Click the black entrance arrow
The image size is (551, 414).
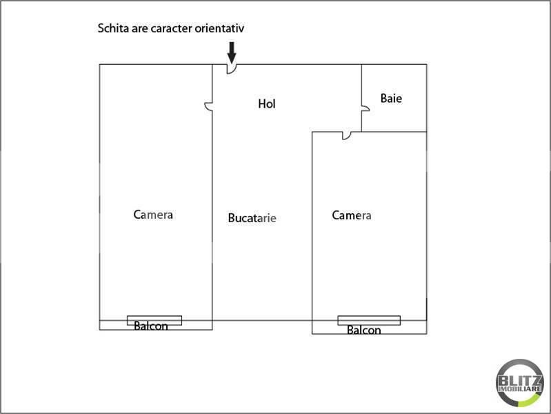click(x=232, y=52)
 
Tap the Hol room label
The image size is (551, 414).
click(x=267, y=103)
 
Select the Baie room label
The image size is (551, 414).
click(x=391, y=98)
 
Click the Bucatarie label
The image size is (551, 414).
click(x=252, y=218)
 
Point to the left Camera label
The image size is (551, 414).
click(x=153, y=215)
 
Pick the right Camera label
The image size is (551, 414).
click(x=352, y=215)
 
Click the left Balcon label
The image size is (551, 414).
click(x=151, y=326)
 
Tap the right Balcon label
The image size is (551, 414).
click(x=363, y=330)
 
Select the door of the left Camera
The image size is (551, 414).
click(x=208, y=106)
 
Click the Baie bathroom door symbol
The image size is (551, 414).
click(x=366, y=108)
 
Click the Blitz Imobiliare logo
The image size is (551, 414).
click(x=520, y=383)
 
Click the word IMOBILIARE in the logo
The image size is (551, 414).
click(x=520, y=389)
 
